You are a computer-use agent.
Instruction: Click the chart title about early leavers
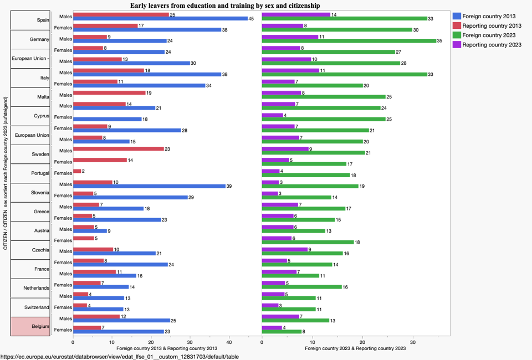tap(232, 6)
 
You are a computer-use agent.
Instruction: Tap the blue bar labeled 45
tap(160, 18)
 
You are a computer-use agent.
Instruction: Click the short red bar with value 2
tap(77, 171)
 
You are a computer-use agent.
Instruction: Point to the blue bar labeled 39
tap(149, 186)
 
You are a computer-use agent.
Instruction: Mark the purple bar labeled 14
tap(296, 14)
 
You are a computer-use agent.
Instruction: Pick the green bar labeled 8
tap(282, 332)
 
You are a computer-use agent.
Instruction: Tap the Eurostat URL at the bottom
tap(120, 356)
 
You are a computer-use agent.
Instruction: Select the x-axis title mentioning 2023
tap(355, 348)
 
